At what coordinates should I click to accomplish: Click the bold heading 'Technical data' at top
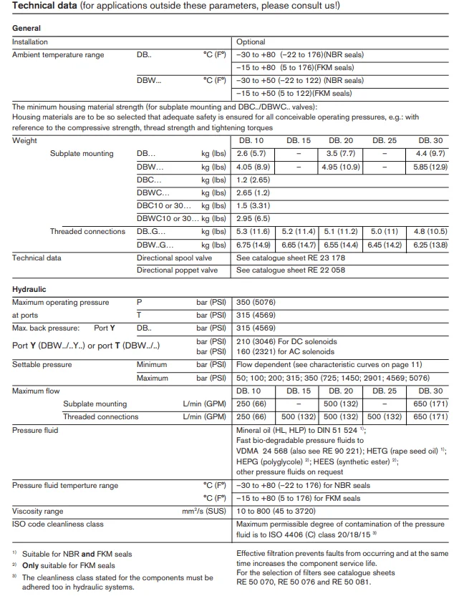(x=47, y=6)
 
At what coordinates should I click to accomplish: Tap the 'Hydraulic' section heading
(x=29, y=289)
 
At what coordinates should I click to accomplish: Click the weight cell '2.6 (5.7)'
(x=251, y=153)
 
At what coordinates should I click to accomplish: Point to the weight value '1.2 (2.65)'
(x=253, y=180)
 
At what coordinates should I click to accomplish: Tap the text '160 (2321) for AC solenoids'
(x=285, y=351)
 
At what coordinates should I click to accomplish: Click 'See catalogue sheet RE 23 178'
(x=290, y=258)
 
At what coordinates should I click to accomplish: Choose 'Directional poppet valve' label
(x=177, y=270)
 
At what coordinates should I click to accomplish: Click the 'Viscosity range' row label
(x=38, y=511)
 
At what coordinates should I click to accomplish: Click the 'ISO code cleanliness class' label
(x=58, y=524)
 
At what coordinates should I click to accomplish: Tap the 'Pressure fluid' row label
(x=35, y=430)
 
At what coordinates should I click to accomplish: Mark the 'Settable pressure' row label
(x=42, y=365)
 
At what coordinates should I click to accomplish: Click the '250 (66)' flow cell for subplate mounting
(x=251, y=404)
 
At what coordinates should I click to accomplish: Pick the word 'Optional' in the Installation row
(x=251, y=41)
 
